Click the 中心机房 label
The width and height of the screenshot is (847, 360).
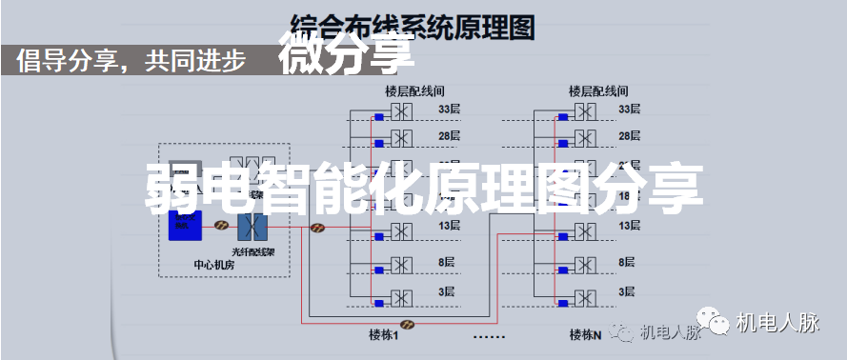point(214,266)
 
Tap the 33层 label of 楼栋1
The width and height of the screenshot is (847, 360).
point(449,110)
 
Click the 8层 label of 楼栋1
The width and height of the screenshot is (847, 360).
point(449,262)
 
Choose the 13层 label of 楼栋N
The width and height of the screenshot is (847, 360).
point(629,226)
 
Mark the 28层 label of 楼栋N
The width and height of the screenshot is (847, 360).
point(629,136)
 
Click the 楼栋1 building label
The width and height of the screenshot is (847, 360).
point(383,334)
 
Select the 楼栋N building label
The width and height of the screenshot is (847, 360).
point(585,334)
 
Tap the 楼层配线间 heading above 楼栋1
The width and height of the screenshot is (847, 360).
point(414,92)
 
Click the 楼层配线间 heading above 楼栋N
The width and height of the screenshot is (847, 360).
point(598,92)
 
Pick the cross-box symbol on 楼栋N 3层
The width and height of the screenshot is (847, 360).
point(584,299)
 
